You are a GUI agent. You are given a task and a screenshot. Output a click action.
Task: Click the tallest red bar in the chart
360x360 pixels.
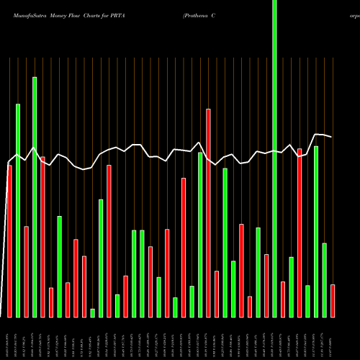208,213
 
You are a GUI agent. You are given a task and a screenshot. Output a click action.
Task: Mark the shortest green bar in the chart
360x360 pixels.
93,312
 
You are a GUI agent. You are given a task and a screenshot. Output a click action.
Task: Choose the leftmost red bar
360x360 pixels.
9,241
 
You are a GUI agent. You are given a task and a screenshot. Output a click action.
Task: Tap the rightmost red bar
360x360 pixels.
333,301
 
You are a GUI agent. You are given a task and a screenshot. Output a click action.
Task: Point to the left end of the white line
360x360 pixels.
8,163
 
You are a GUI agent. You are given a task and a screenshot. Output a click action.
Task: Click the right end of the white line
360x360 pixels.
332,137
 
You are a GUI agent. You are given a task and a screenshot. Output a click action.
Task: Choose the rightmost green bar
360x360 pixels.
324,280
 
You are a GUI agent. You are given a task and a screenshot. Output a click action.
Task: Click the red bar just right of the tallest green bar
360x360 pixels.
283,299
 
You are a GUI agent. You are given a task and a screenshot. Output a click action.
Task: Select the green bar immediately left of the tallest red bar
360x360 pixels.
200,235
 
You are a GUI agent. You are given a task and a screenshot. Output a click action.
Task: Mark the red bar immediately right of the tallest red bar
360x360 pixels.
216,294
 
